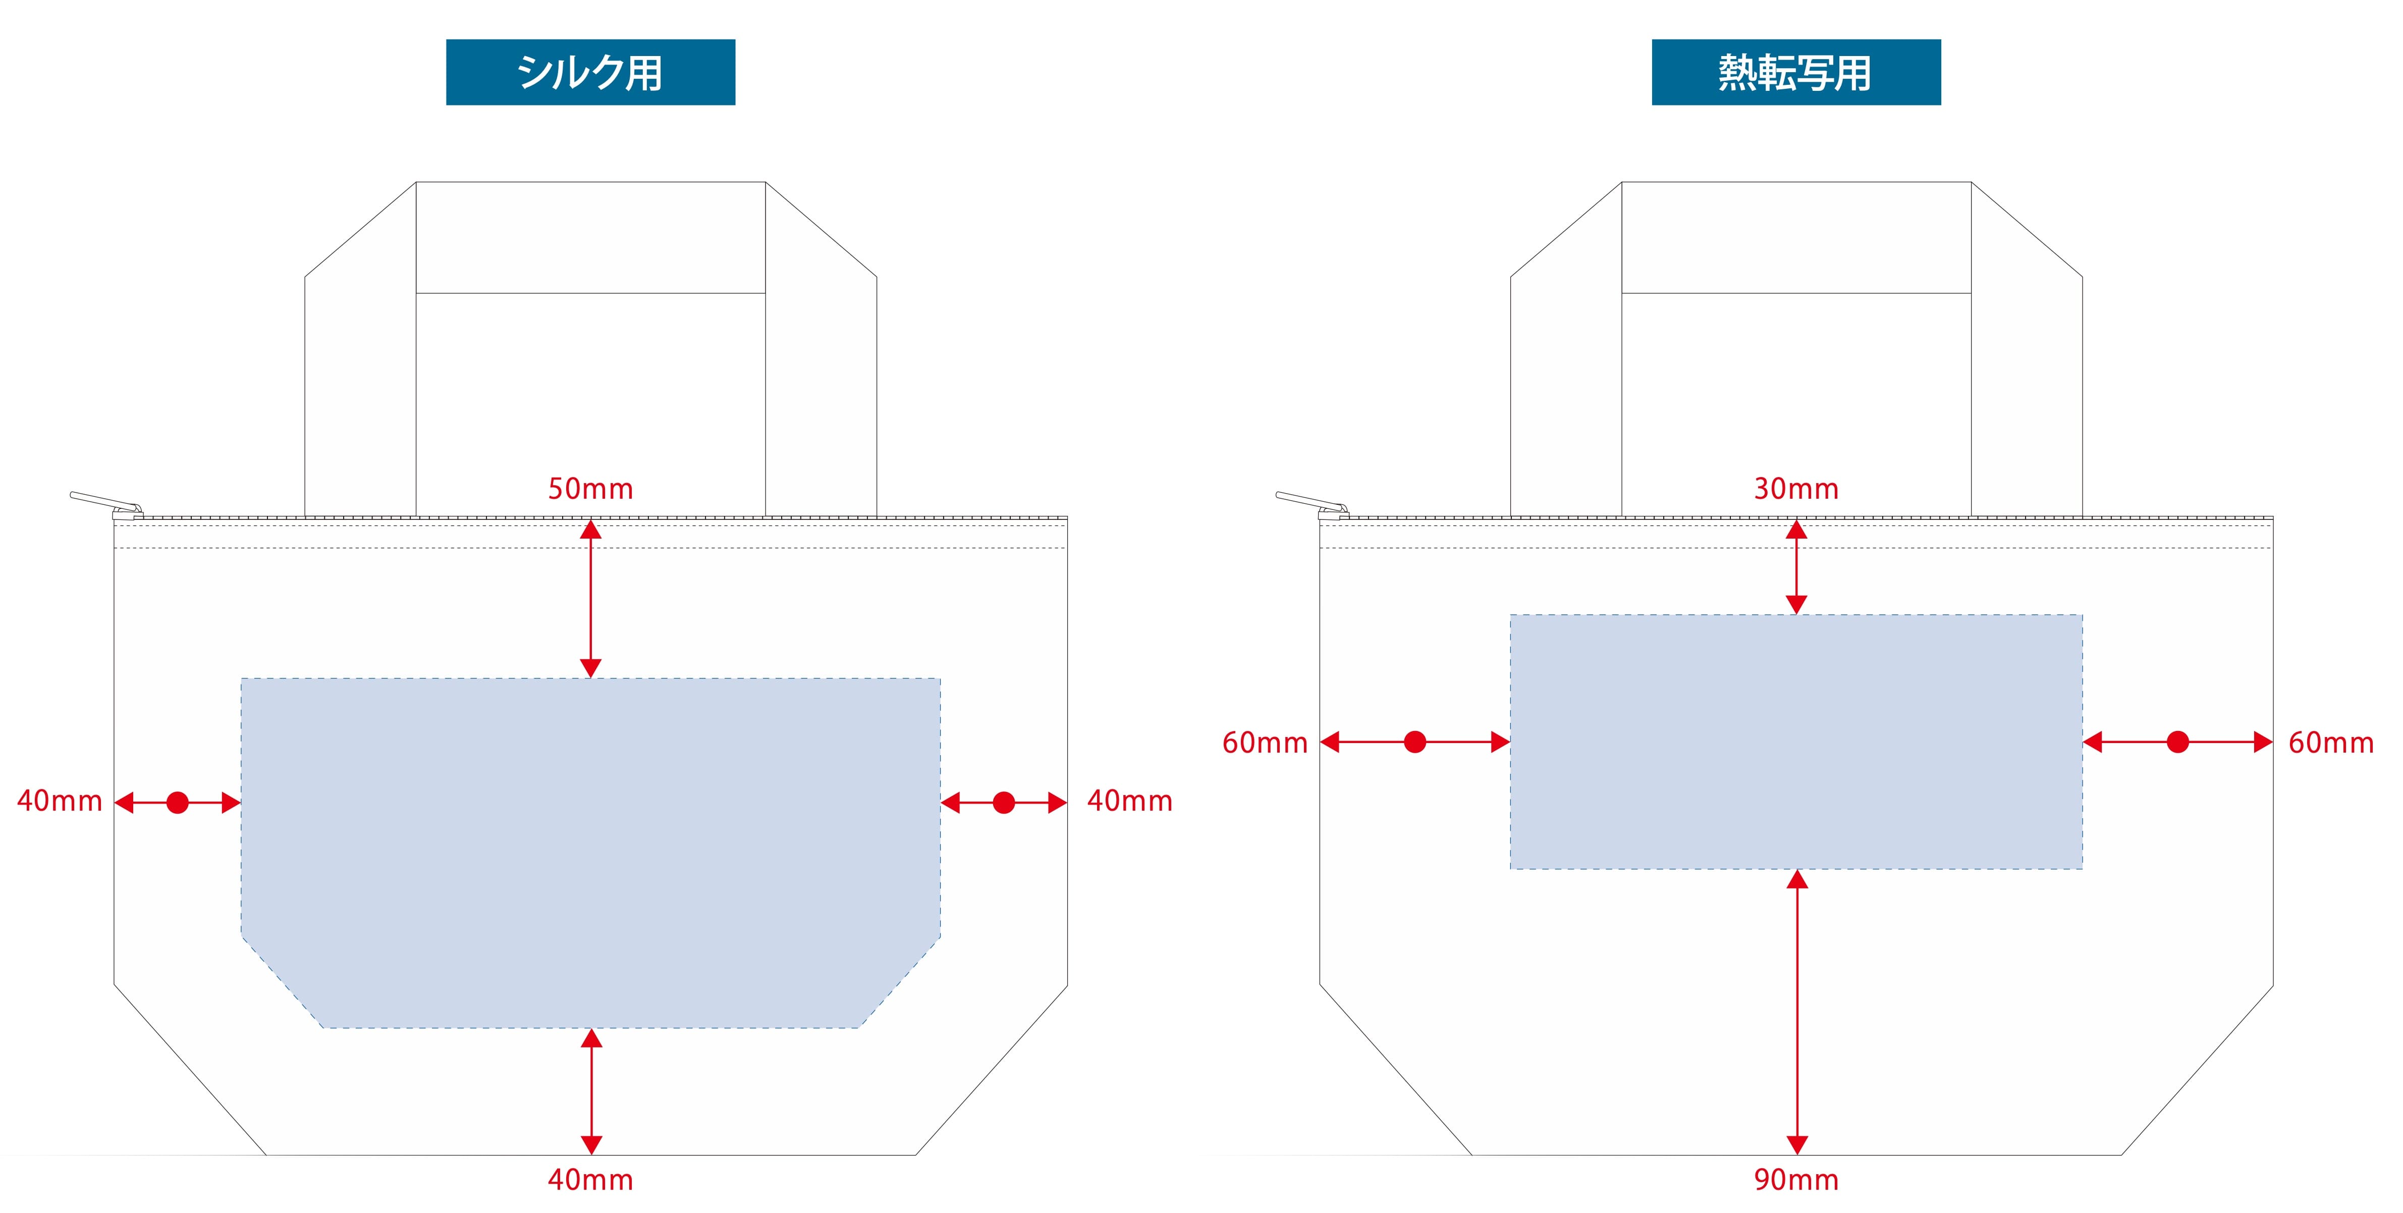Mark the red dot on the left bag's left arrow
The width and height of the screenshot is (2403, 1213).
tap(177, 803)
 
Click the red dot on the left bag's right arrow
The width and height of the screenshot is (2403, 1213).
tap(1004, 803)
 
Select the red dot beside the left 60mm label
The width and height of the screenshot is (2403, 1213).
tap(1415, 743)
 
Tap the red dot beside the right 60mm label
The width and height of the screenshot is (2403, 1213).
tap(2177, 743)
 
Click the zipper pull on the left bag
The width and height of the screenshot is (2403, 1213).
tap(102, 502)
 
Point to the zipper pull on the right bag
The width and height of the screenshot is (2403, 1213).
tap(1309, 502)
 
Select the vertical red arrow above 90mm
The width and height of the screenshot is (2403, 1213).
tap(1796, 1013)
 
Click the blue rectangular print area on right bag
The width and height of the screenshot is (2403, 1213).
tap(1796, 742)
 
